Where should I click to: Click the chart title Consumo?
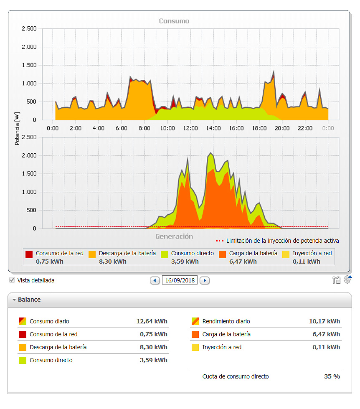tap(174, 21)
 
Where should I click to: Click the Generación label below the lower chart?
tap(174, 236)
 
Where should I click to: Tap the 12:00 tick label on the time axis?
tap(190, 128)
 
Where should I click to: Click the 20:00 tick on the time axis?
tap(282, 128)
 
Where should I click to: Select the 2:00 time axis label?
tap(76, 128)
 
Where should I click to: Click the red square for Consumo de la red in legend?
tap(29, 254)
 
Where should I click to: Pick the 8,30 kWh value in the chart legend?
tap(112, 262)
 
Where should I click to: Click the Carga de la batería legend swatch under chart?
tap(223, 254)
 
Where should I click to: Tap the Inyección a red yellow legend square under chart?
tap(286, 254)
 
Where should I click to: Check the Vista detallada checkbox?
tap(12, 280)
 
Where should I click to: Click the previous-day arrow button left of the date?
tap(155, 280)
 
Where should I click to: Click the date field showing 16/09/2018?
tap(180, 280)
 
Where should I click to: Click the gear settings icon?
tap(347, 280)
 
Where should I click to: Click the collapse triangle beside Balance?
tap(14, 300)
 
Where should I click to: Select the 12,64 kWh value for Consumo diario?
tap(152, 321)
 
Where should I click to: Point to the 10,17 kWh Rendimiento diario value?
tap(325, 321)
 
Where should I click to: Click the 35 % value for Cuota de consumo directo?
tap(332, 376)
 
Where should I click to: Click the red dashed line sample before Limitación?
tap(220, 241)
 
